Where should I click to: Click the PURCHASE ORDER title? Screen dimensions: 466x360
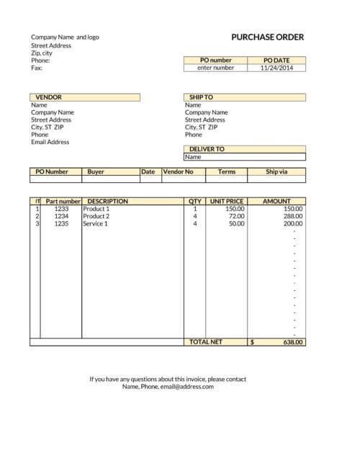click(267, 37)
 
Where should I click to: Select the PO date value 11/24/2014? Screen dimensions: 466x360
click(277, 68)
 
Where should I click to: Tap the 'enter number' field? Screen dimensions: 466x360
click(215, 68)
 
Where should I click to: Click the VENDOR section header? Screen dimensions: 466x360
click(49, 97)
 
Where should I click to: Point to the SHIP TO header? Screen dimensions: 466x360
click(201, 97)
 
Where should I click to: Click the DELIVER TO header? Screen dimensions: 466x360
click(207, 149)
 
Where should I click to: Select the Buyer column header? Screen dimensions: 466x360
click(96, 172)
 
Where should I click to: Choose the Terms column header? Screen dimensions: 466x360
click(227, 172)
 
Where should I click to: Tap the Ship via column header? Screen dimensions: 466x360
click(276, 172)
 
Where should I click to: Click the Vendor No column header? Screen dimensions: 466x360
click(179, 172)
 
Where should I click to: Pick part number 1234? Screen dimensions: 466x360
click(61, 216)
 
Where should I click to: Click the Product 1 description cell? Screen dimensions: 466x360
click(96, 209)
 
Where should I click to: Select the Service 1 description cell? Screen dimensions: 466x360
click(95, 224)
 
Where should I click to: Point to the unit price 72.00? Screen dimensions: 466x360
click(236, 216)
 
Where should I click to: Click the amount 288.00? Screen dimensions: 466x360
click(292, 216)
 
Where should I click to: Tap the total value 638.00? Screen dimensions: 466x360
click(292, 342)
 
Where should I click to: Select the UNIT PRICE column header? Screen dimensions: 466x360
click(226, 202)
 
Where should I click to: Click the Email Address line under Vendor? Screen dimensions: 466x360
click(50, 142)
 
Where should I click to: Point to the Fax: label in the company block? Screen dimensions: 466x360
click(37, 68)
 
